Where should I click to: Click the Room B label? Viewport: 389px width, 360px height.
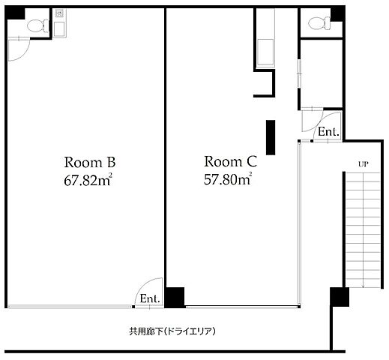[90, 162]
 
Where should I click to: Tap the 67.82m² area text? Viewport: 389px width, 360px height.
[88, 180]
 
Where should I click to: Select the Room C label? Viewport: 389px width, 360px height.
[230, 161]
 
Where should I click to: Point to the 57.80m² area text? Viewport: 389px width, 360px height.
[228, 178]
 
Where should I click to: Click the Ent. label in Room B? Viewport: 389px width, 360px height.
[150, 298]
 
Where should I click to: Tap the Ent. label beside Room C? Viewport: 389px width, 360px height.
[328, 131]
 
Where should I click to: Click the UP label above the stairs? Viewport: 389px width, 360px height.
[364, 164]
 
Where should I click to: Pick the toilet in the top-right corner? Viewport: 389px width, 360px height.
[319, 23]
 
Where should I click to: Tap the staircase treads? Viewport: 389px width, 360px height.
[363, 229]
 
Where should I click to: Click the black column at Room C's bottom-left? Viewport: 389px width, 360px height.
[175, 297]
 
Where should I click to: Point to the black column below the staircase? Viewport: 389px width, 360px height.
[340, 297]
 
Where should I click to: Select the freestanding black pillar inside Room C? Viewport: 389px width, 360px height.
[271, 137]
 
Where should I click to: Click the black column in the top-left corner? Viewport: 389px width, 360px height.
[15, 13]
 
